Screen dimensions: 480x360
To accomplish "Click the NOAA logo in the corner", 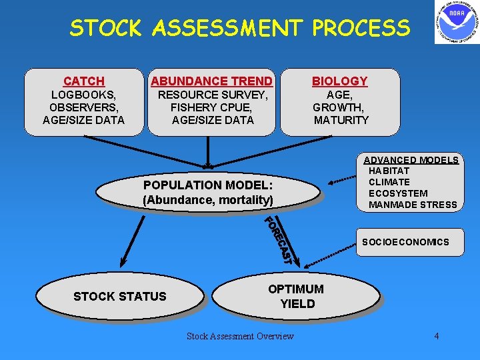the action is point(457,23).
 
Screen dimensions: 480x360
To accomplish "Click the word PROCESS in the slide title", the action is point(361,28).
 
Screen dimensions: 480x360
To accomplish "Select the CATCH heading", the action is point(84,81).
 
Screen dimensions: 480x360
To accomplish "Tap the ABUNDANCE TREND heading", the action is point(211,81).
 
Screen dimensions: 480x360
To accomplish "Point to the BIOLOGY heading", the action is point(340,81).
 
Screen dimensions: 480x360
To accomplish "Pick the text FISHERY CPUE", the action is point(212,107).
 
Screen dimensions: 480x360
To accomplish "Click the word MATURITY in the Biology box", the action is point(341,120).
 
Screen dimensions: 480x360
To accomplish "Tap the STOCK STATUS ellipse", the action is point(120,297).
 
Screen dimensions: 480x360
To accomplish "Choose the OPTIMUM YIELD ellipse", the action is point(296,296).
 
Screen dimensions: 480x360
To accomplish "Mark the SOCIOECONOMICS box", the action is point(405,242).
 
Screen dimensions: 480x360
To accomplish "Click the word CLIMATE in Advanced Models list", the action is point(389,182).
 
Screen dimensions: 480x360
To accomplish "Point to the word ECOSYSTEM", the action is point(398,193).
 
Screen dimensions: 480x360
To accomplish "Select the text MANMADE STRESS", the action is point(413,205).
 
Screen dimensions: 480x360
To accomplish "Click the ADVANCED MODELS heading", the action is point(411,159).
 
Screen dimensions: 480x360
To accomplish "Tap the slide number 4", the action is point(437,336).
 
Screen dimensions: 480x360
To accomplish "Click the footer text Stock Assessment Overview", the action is point(240,336).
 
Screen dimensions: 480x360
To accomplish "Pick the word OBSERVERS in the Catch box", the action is point(84,107).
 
